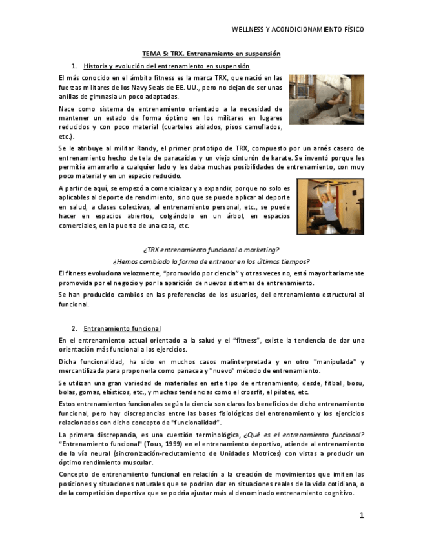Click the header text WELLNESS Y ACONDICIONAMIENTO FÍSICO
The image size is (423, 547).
297,30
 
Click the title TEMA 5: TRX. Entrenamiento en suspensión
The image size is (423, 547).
211,54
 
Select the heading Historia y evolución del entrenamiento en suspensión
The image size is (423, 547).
166,66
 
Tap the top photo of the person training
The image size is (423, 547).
326,99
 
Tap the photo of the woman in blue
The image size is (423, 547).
330,206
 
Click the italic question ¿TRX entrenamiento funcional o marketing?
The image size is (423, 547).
211,250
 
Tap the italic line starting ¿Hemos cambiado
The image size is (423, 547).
211,261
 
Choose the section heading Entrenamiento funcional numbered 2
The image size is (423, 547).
122,328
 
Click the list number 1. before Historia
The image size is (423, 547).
74,66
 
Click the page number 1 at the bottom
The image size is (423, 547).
362,515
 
